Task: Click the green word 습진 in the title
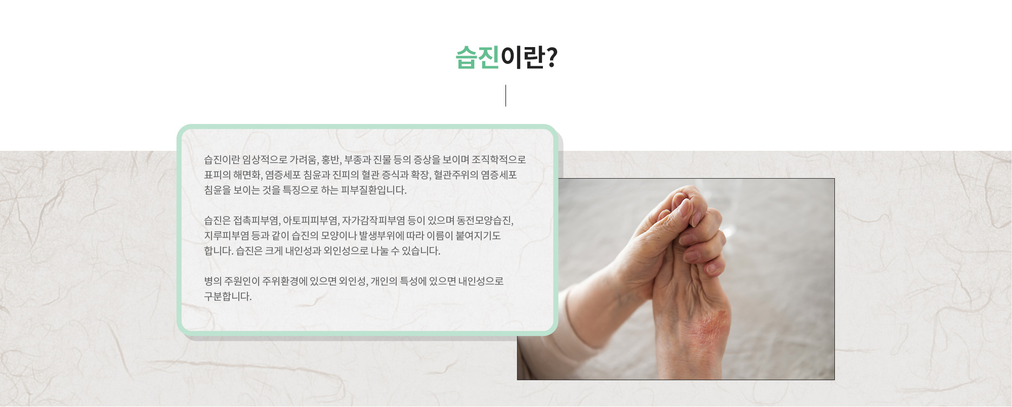point(477,57)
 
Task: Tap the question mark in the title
point(552,57)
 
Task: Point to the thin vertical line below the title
point(505,96)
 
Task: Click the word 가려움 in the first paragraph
point(304,160)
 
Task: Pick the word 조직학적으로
point(499,160)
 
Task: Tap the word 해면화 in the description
point(248,175)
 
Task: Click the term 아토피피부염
point(311,221)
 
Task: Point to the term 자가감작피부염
point(373,221)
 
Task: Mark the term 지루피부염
point(227,236)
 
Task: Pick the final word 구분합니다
point(228,297)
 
